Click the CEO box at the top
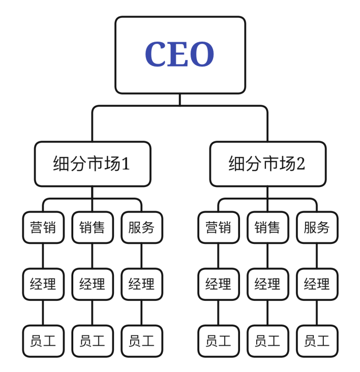[x=180, y=55]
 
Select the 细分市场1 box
[x=93, y=164]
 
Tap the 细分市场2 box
[x=267, y=164]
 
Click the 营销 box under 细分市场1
[x=43, y=227]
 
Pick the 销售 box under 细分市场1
[x=92, y=227]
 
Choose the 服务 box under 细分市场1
[x=141, y=227]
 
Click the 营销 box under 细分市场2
[x=219, y=227]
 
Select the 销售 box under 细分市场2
[x=267, y=227]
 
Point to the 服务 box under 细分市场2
[x=317, y=227]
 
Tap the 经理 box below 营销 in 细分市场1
[x=43, y=284]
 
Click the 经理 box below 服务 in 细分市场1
[x=141, y=284]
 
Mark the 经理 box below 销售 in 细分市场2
[x=267, y=284]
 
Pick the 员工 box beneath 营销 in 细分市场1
[x=43, y=341]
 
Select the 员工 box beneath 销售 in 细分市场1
[x=92, y=341]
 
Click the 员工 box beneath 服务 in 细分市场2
[x=317, y=341]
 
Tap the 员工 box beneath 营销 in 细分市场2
[x=219, y=341]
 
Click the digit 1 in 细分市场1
[x=126, y=164]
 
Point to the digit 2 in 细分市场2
[x=301, y=164]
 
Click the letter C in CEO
[x=156, y=55]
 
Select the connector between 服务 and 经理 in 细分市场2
[x=317, y=256]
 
